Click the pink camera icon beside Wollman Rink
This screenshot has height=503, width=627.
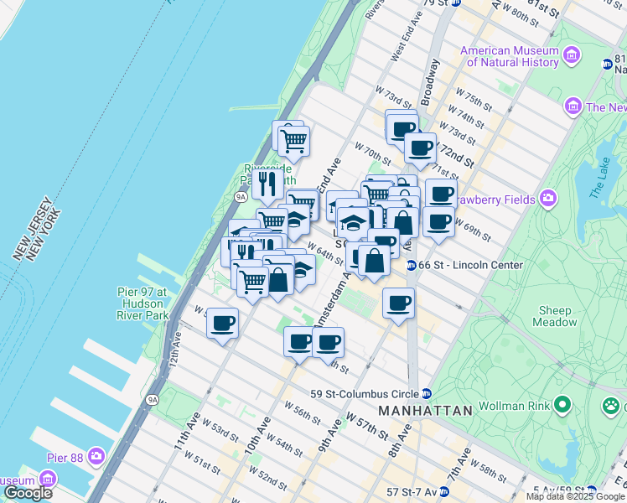click(x=562, y=407)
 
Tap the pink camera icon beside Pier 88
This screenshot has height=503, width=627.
click(x=98, y=456)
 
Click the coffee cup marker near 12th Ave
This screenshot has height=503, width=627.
click(x=222, y=324)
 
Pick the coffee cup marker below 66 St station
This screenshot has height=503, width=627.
click(x=399, y=303)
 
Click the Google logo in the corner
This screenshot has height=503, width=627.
click(x=28, y=493)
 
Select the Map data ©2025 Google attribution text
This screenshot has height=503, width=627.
click(x=575, y=496)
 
